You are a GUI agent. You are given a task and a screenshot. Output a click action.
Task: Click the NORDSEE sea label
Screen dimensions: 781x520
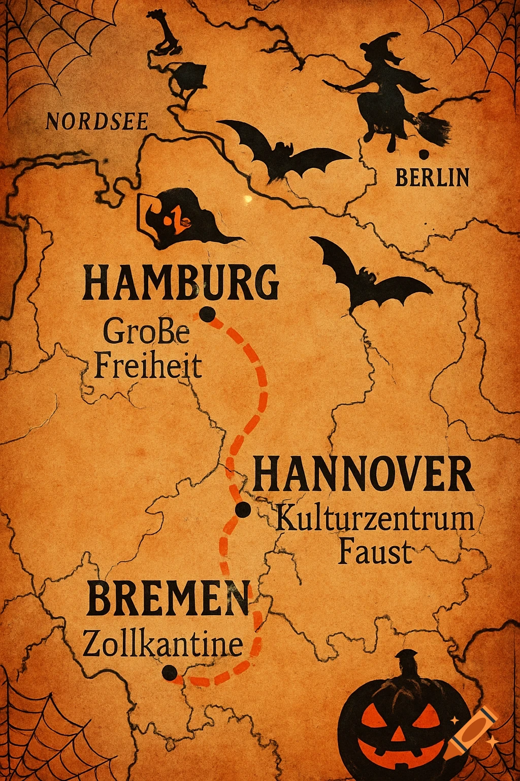(97, 122)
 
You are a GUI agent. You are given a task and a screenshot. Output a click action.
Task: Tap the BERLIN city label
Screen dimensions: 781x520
(432, 177)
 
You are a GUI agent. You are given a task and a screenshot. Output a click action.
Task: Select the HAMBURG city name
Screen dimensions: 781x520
(181, 283)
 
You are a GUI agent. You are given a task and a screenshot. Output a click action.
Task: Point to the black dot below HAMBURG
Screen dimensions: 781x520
(206, 315)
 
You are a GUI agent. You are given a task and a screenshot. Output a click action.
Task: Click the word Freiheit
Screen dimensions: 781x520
(148, 366)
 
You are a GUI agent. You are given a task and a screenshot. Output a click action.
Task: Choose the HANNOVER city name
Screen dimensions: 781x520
(363, 474)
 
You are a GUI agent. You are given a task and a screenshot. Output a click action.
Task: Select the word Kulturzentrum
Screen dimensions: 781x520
(375, 520)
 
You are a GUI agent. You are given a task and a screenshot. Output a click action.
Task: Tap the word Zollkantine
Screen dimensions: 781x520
(162, 644)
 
